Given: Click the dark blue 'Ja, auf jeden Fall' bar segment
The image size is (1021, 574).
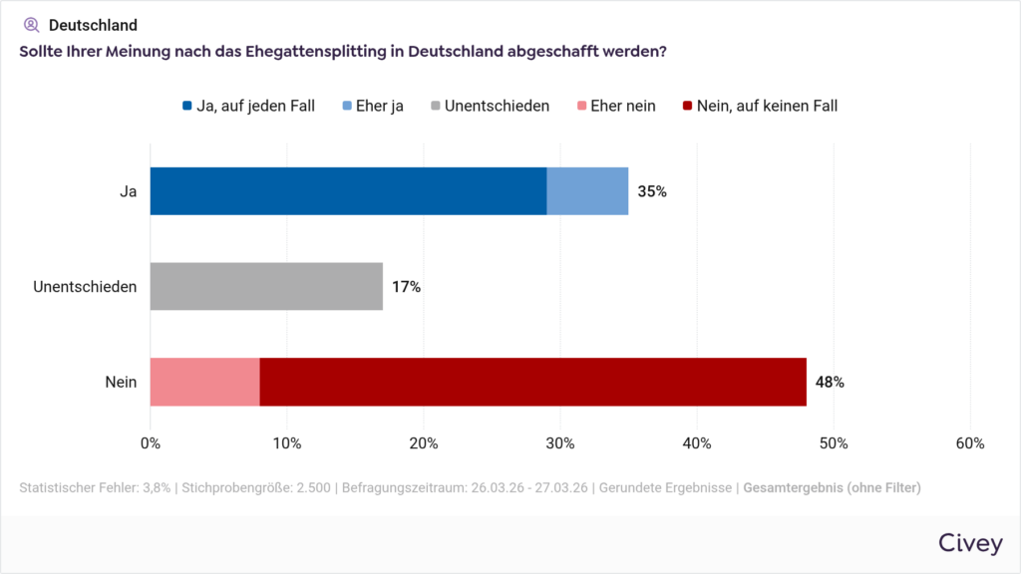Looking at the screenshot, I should [348, 191].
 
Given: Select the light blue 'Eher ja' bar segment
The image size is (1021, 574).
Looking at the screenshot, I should [587, 191].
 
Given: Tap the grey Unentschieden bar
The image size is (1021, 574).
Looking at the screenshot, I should [266, 286].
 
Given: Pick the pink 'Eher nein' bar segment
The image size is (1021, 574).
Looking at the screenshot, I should [204, 382].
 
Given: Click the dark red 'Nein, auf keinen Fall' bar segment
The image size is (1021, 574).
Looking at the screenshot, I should [532, 382].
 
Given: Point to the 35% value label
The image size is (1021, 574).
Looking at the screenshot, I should [652, 191].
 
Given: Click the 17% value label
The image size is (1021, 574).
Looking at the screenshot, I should [406, 287].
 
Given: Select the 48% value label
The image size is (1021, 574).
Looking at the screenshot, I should [830, 382].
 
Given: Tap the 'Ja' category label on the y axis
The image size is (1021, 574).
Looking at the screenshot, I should [128, 191].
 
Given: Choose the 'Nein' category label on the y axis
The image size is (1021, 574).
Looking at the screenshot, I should [121, 382].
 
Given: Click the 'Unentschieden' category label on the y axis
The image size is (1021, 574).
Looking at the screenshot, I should [85, 287].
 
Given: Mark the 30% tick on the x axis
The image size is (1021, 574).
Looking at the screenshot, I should [560, 442].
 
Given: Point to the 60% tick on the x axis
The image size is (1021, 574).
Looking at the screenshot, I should [970, 442].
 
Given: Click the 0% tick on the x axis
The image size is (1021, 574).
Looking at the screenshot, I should [151, 442].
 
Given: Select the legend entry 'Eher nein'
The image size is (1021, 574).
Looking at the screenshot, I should [622, 106].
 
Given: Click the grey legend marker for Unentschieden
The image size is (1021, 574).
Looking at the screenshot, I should [435, 106].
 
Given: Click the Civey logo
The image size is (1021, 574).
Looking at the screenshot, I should [970, 542].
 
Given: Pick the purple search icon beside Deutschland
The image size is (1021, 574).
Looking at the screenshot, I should [31, 25].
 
